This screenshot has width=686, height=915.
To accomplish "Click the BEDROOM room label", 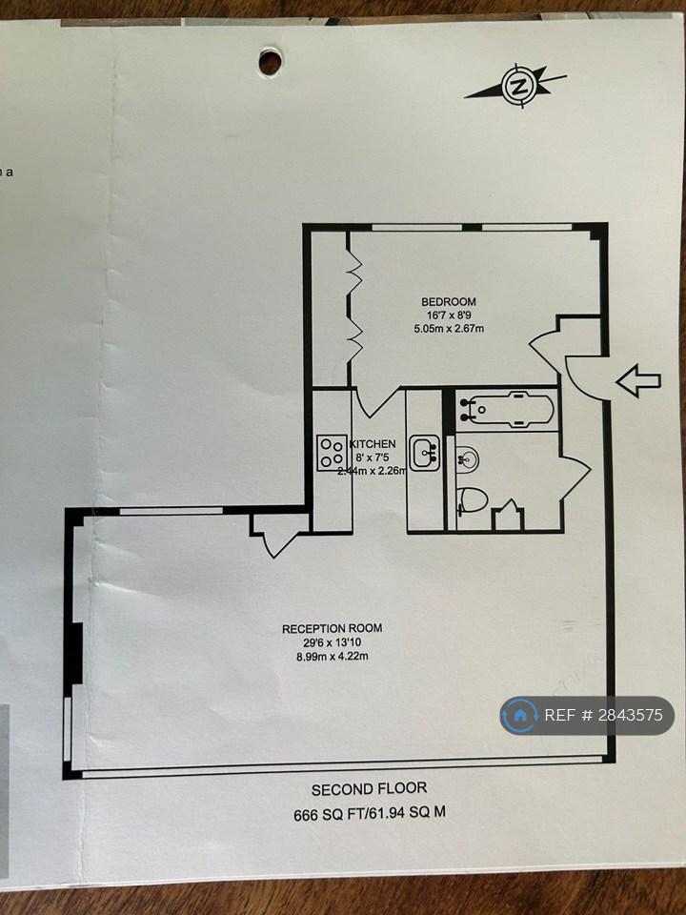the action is coord(449,302).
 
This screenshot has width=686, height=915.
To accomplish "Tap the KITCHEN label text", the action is coord(373,444).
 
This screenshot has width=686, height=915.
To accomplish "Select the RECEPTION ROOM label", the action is coord(332,628).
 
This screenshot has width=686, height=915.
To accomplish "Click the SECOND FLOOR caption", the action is coord(370,789).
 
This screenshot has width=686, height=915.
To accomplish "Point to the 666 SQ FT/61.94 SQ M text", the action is coord(370,813).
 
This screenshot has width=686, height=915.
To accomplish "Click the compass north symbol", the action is coord(516,86).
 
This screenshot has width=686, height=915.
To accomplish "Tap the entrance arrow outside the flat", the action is coord(638,381).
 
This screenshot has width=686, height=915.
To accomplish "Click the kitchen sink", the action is coord(425,453).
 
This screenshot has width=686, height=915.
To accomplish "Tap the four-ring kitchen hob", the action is coord(332,453).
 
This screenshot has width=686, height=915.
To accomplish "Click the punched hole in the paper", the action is coord(270,61).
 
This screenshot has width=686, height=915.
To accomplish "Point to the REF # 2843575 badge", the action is coord(587,716).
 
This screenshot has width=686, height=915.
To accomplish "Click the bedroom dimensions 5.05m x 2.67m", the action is coord(449,329).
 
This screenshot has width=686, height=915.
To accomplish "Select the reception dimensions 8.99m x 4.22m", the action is coord(333,657).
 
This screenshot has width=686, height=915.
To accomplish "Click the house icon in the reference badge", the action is coord(519,716).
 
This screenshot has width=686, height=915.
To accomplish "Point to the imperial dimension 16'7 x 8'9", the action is coord(449,315).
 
